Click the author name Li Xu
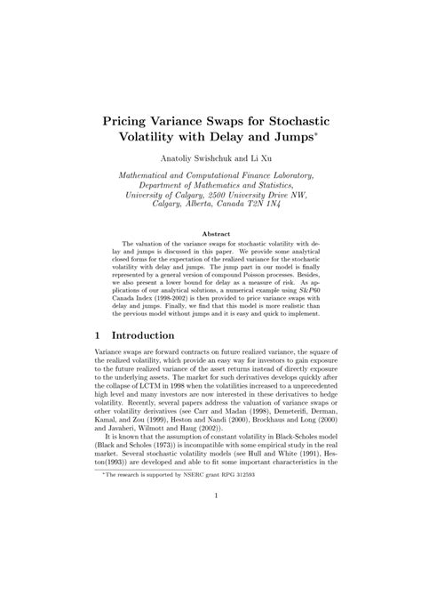[x=265, y=157]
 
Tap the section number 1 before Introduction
[x=98, y=337]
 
